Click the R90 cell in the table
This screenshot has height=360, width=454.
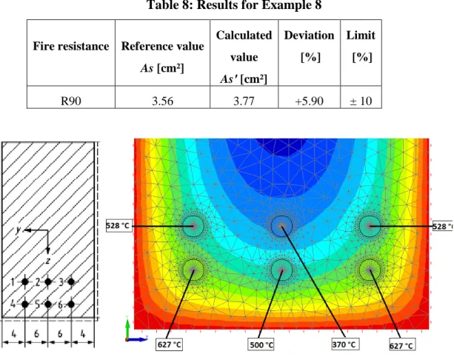tap(70, 101)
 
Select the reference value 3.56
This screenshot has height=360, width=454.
tap(162, 101)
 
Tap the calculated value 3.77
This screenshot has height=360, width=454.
tap(244, 101)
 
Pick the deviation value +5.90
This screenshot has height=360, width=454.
tap(309, 101)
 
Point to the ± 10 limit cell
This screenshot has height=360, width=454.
tap(361, 101)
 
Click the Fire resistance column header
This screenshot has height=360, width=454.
tap(71, 46)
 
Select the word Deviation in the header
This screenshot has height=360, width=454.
tap(309, 36)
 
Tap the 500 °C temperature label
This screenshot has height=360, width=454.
tap(261, 344)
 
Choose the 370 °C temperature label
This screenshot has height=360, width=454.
tap(344, 344)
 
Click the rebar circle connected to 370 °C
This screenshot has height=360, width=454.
tap(281, 226)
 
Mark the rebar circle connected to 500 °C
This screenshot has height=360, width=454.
tap(281, 270)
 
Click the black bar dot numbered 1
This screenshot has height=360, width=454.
tap(25, 281)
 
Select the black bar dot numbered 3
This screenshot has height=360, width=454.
tap(71, 281)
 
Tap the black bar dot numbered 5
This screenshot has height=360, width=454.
tap(48, 304)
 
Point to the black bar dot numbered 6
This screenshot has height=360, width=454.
tap(71, 304)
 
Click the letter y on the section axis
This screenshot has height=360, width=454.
tap(19, 230)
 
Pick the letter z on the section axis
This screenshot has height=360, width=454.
tap(48, 261)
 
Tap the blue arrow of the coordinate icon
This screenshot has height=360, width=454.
tap(138, 339)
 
